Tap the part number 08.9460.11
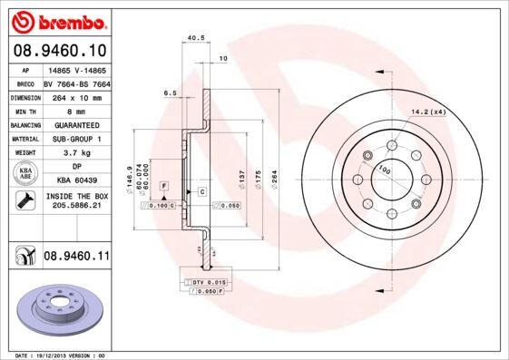76,257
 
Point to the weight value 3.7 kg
76,153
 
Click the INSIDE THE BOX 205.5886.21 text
76,201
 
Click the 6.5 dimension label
170,93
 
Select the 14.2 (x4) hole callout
429,111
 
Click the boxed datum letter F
163,185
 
